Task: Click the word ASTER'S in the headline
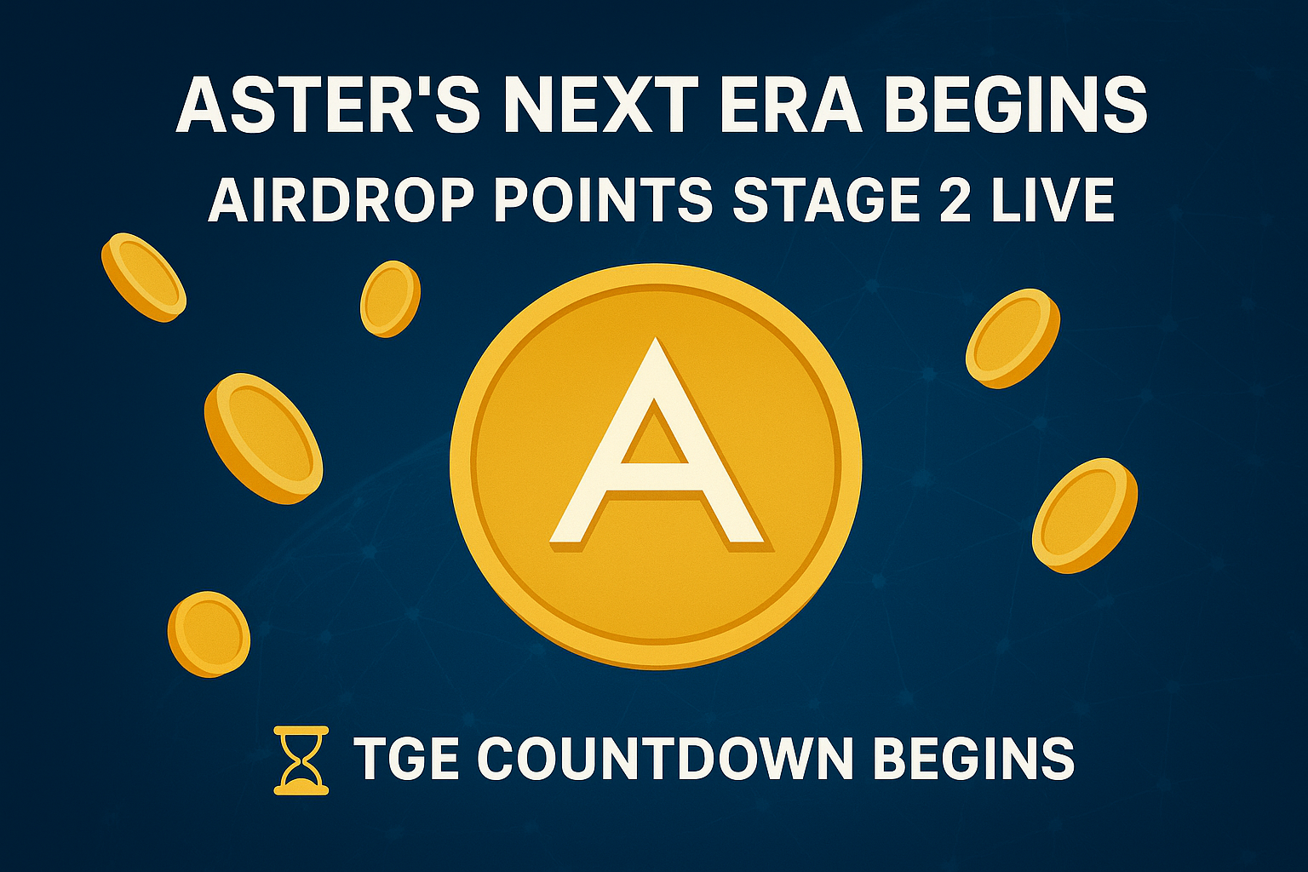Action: click(x=328, y=103)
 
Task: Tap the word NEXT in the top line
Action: click(x=605, y=104)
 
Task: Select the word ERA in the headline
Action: click(x=790, y=104)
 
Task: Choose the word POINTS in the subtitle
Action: click(x=603, y=199)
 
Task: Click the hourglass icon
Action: click(x=301, y=760)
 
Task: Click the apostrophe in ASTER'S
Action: click(x=406, y=87)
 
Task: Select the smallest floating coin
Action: click(x=390, y=299)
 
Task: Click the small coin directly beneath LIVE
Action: click(x=1013, y=338)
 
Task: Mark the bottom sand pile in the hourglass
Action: click(x=301, y=779)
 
